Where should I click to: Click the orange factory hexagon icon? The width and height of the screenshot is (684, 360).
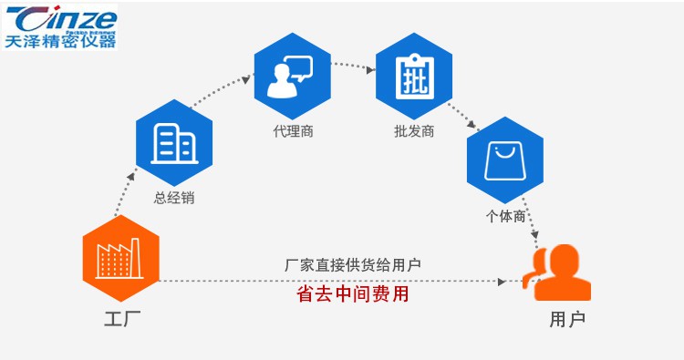click(120, 258)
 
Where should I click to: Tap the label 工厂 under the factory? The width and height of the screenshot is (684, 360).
click(120, 319)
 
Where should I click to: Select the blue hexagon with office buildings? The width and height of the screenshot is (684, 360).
click(173, 143)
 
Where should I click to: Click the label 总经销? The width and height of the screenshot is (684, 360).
click(173, 198)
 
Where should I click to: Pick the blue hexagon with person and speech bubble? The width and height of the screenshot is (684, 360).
click(292, 77)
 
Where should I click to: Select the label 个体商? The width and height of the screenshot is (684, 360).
click(504, 216)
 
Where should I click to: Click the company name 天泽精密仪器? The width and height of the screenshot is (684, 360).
click(59, 41)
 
